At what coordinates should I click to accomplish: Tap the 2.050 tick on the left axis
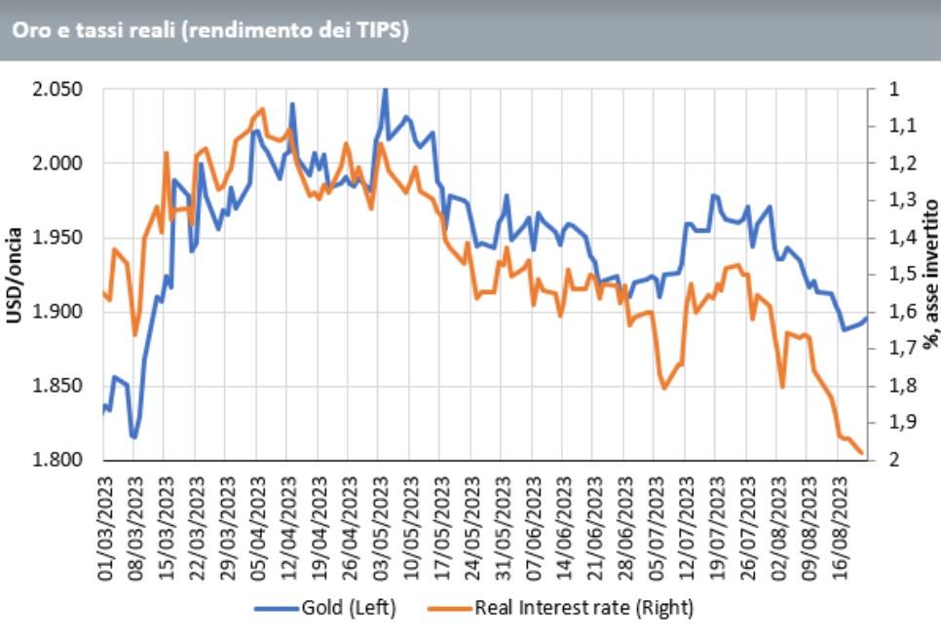(57, 90)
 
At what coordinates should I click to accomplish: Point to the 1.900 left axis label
(57, 312)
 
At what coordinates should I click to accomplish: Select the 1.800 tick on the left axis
(57, 460)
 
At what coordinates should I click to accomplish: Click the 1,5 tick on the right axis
(902, 275)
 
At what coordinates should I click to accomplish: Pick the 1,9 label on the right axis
(902, 423)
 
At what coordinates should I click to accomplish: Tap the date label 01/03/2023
(105, 529)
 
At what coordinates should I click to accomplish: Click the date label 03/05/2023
(381, 529)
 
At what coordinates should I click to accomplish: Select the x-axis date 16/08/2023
(840, 529)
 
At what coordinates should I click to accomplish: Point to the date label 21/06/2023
(595, 529)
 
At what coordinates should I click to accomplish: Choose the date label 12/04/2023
(288, 529)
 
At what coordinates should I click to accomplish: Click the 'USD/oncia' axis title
(14, 275)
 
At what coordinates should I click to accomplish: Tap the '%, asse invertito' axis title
(930, 274)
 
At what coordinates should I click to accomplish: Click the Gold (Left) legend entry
(325, 608)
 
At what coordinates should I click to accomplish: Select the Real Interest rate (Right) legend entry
(561, 608)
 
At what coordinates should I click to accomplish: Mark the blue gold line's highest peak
(386, 90)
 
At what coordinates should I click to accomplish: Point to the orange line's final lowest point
(862, 453)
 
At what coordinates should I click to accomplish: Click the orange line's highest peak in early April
(262, 109)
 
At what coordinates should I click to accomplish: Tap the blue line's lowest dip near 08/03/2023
(133, 437)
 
